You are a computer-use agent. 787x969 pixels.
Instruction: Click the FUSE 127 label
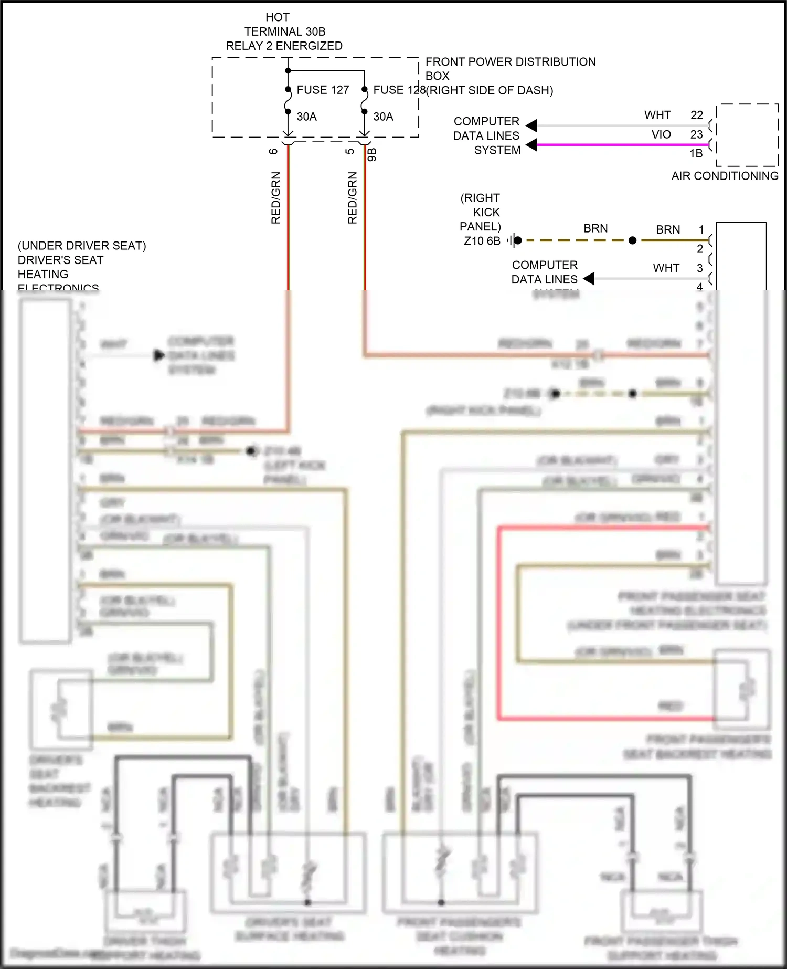click(x=323, y=90)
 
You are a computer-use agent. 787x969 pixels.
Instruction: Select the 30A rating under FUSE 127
click(x=307, y=117)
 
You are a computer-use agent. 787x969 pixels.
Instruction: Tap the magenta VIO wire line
click(x=619, y=144)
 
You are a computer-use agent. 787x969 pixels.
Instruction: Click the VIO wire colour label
click(x=661, y=134)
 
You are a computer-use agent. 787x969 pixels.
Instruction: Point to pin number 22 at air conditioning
click(x=696, y=115)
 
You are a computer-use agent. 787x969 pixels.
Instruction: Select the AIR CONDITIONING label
click(x=725, y=176)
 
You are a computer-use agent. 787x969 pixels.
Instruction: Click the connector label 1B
click(x=696, y=153)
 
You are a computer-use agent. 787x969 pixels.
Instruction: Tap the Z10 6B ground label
click(x=482, y=241)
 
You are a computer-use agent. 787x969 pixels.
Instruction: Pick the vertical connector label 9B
click(x=372, y=154)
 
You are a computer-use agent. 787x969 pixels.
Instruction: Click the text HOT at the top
click(x=277, y=17)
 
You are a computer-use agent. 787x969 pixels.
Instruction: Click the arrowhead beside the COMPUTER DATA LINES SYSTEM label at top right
click(x=531, y=126)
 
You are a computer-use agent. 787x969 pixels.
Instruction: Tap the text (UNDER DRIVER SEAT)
click(x=82, y=246)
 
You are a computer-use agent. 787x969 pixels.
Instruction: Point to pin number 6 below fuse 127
click(x=273, y=151)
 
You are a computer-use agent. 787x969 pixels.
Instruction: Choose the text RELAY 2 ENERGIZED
click(x=284, y=46)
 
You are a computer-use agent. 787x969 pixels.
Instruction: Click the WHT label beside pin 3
click(x=666, y=268)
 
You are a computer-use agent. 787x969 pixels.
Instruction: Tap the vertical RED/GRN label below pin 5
click(x=352, y=198)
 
